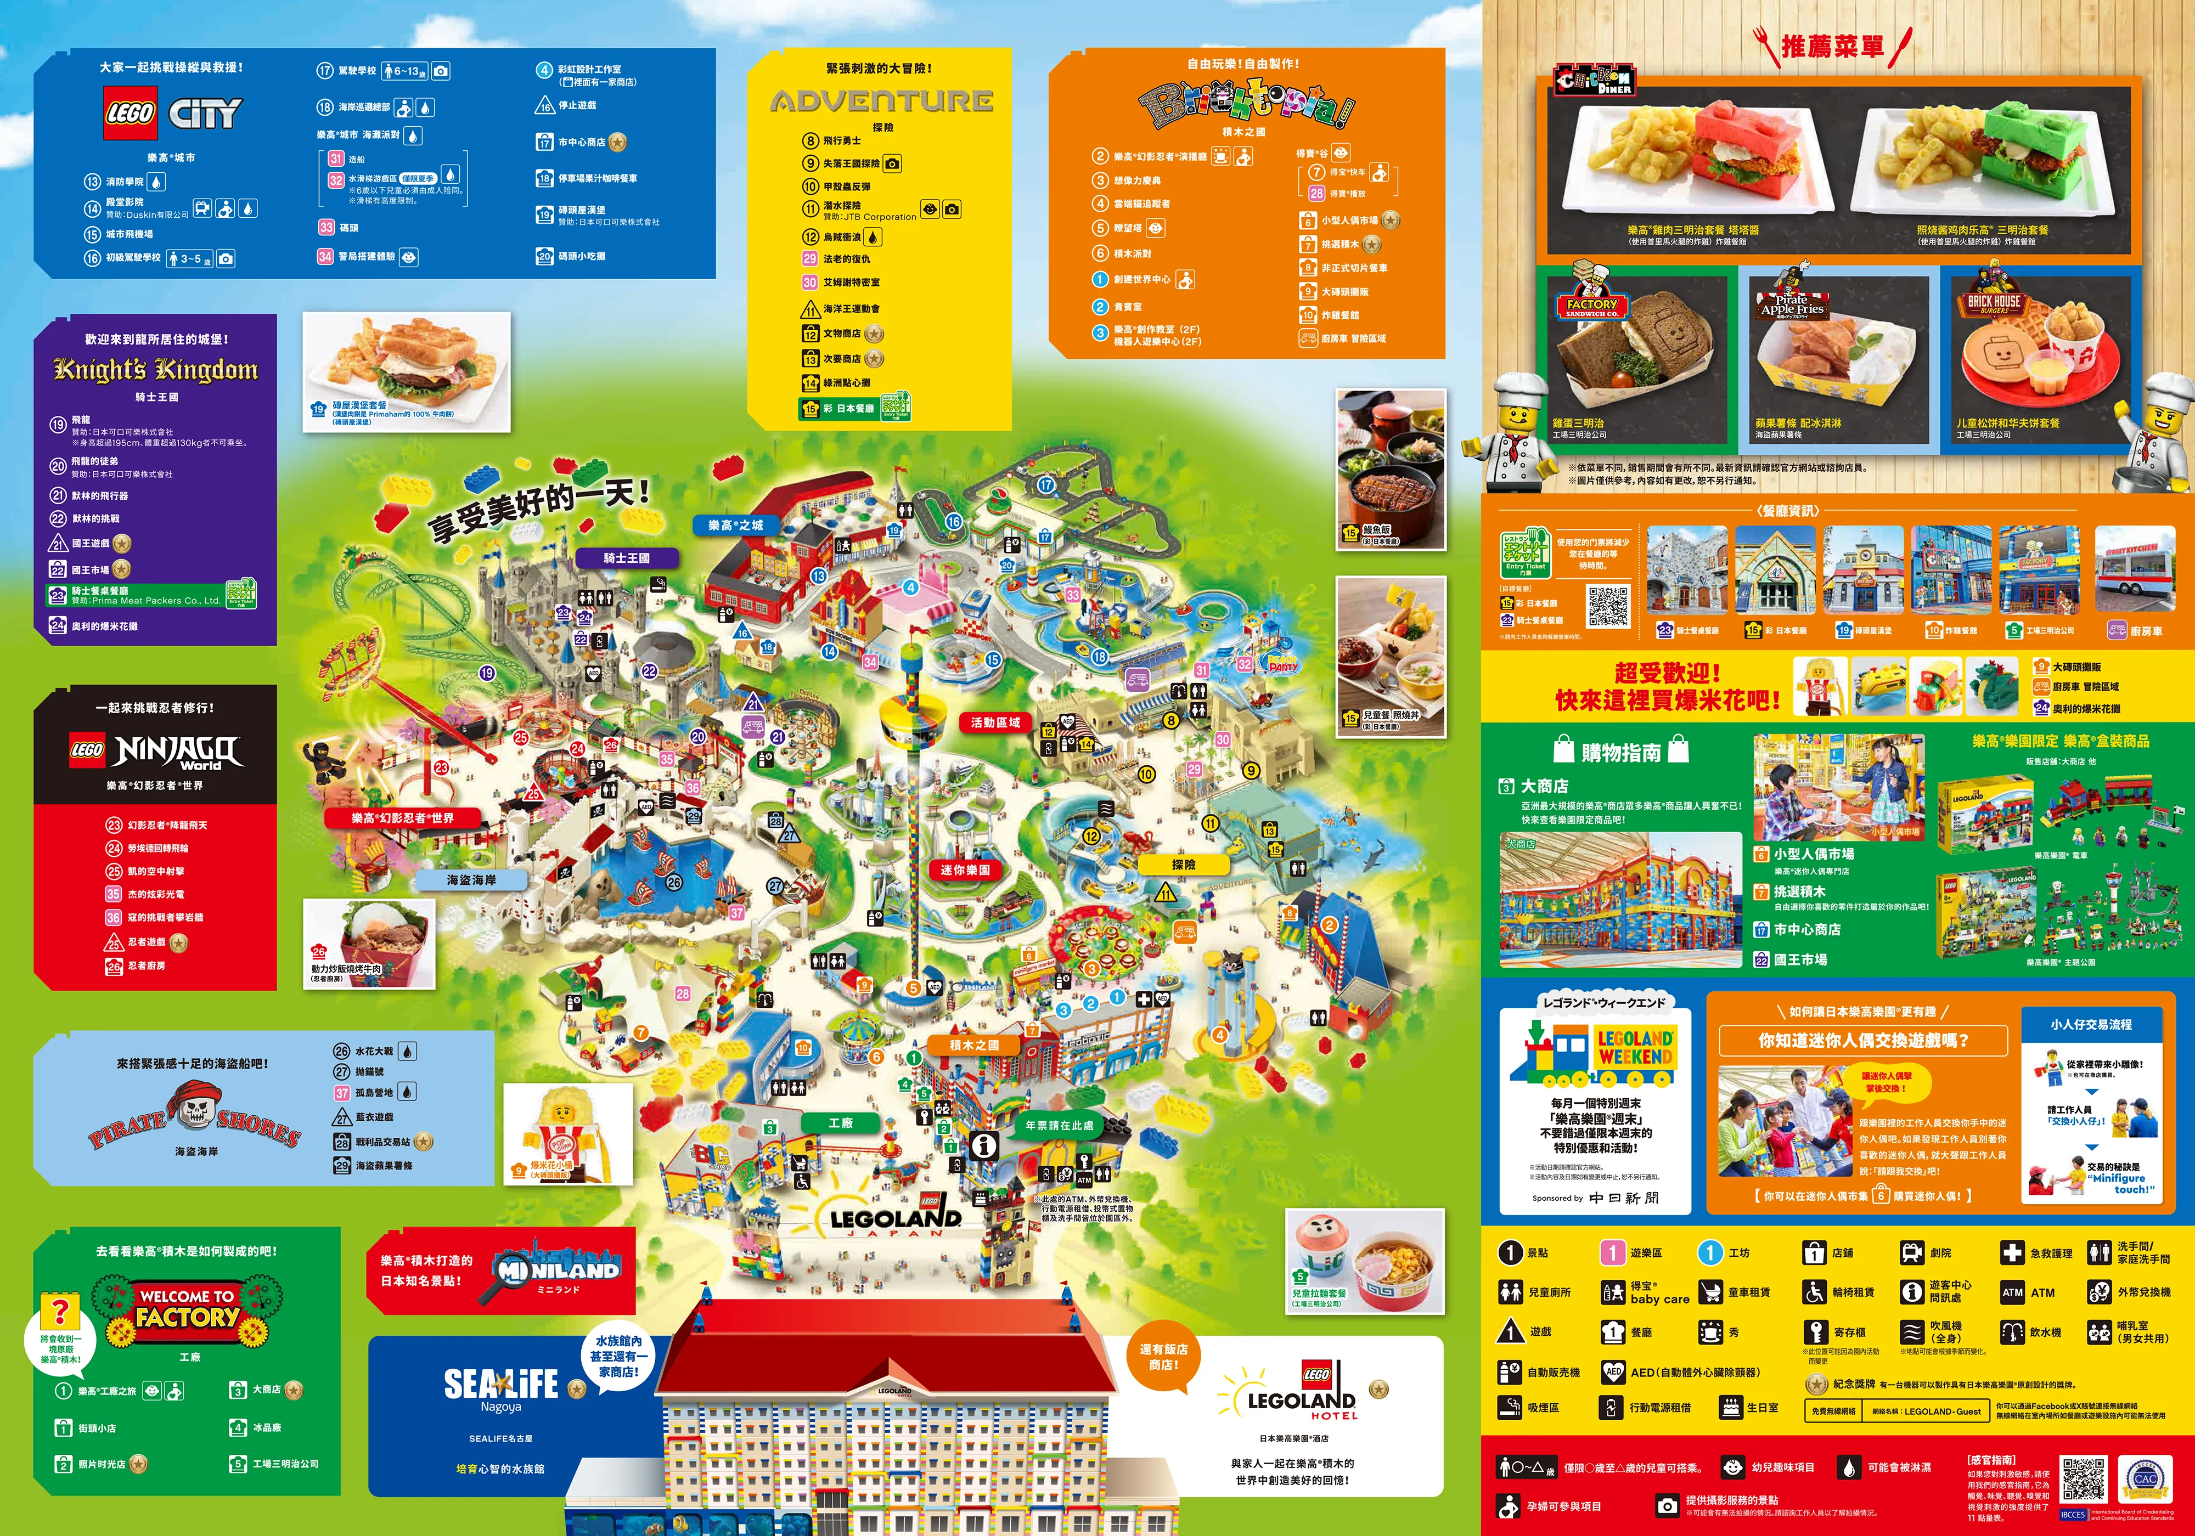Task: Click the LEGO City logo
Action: pos(172,114)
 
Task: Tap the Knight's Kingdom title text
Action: pos(156,369)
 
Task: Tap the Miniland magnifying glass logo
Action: pos(558,1271)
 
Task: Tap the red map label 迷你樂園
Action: pos(965,870)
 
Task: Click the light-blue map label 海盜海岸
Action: pos(471,879)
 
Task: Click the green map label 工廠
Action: pos(840,1122)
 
